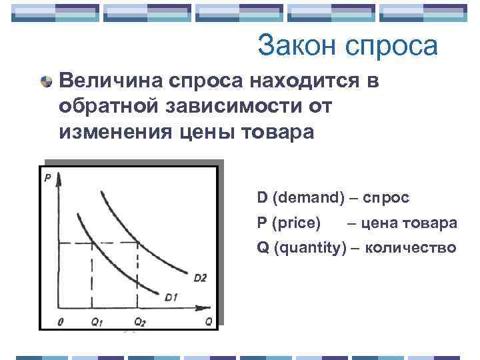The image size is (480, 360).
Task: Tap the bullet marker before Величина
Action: (46, 82)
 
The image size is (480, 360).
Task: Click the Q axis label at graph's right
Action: (209, 321)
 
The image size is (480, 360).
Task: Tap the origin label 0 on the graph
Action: (61, 321)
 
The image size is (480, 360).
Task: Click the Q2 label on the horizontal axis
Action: (138, 321)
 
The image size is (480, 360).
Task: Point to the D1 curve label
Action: (172, 297)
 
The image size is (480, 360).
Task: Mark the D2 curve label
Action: (200, 277)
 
